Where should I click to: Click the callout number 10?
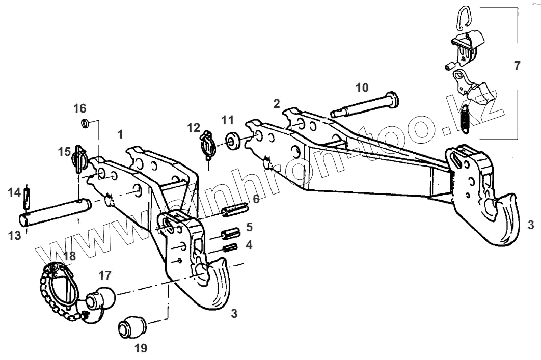[362, 88]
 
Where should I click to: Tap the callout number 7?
[517, 66]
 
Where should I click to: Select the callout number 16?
[79, 108]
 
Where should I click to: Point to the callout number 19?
[141, 348]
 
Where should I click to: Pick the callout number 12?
[193, 128]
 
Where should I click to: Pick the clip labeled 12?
[206, 145]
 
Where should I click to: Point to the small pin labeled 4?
[231, 247]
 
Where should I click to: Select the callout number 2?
[276, 104]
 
